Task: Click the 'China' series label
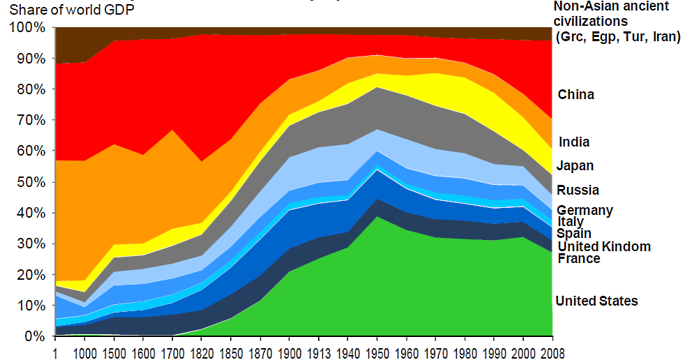(576, 94)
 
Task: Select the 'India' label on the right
(574, 142)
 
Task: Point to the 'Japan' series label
(575, 165)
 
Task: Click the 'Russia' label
(578, 190)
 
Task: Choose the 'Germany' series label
(585, 210)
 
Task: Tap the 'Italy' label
(571, 222)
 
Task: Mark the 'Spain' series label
(574, 234)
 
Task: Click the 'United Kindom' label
(604, 246)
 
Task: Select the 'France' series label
(579, 258)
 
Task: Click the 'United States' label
(596, 301)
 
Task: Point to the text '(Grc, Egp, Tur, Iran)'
(617, 36)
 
